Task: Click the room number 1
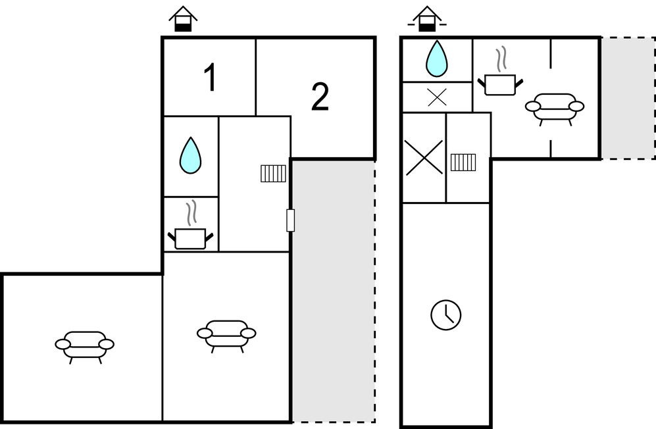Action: pyautogui.click(x=210, y=77)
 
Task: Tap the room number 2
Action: pyautogui.click(x=320, y=97)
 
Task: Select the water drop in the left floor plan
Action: pyautogui.click(x=190, y=155)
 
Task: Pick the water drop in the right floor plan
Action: pyautogui.click(x=436, y=59)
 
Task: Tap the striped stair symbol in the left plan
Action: pyautogui.click(x=274, y=173)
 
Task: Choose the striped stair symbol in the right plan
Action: pyautogui.click(x=463, y=163)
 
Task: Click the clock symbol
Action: pyautogui.click(x=446, y=315)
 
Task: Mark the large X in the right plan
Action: pyautogui.click(x=424, y=157)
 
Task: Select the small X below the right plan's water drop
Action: pyautogui.click(x=438, y=97)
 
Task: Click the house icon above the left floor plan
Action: pyautogui.click(x=183, y=19)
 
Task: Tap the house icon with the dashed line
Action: pyautogui.click(x=427, y=19)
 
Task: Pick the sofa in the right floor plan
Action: pyautogui.click(x=555, y=109)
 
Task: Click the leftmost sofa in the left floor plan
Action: pyautogui.click(x=84, y=347)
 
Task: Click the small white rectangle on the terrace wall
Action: pyautogui.click(x=290, y=220)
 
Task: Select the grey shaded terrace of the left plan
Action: pyautogui.click(x=334, y=291)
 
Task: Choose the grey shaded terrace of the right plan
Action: pyautogui.click(x=628, y=98)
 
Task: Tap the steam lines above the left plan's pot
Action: pyautogui.click(x=191, y=213)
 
